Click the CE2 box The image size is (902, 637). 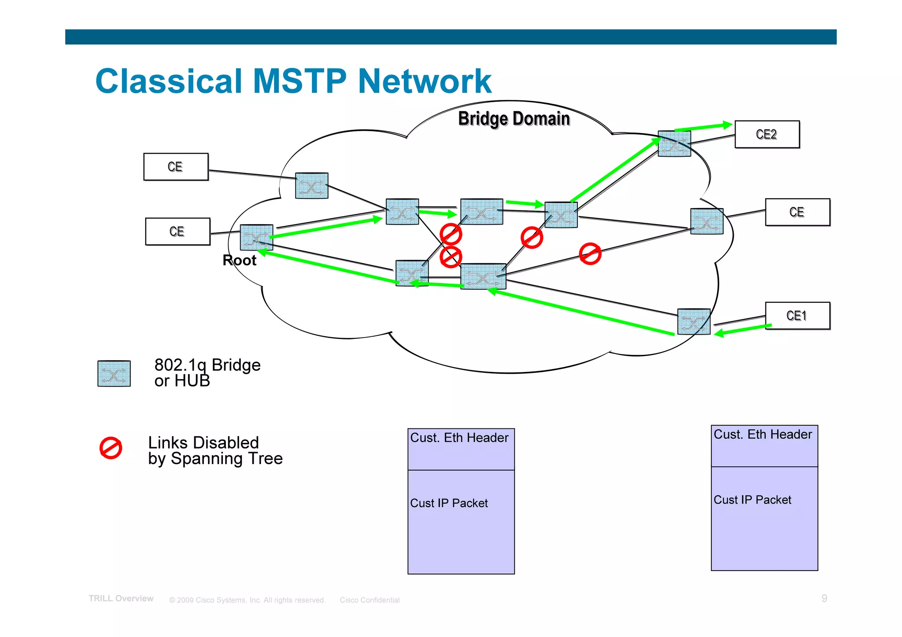point(767,134)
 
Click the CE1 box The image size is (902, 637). point(797,316)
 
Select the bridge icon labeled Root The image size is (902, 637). point(256,237)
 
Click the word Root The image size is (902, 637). point(239,260)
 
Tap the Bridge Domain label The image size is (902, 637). point(514,119)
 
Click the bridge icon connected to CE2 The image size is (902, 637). point(674,144)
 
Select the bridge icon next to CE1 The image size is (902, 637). point(693,322)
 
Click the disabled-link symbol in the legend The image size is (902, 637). point(111,448)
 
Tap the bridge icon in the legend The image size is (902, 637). point(114,374)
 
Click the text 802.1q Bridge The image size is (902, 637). point(207,365)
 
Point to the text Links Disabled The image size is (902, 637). point(203,442)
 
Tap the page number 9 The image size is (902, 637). point(824,598)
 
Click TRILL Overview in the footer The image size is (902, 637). point(121,599)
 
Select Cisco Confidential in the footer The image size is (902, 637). point(369,600)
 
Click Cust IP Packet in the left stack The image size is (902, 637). point(449,503)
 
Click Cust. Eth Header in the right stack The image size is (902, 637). point(762,434)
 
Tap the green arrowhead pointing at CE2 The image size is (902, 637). point(727,125)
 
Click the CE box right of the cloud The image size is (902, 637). point(797,212)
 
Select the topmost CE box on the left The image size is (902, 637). point(176,167)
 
